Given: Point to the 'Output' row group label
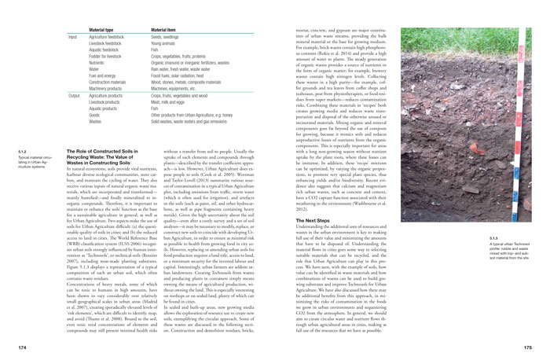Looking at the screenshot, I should point(75,94).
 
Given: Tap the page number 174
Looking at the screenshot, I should point(12,345).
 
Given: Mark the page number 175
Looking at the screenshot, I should point(537,345).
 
